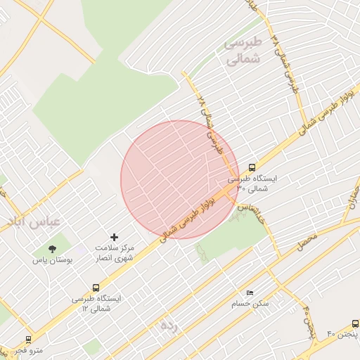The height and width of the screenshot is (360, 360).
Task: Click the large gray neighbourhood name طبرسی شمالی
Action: (242, 52)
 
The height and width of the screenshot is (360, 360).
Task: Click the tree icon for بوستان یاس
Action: (52, 248)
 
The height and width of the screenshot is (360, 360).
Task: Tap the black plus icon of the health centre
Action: (115, 238)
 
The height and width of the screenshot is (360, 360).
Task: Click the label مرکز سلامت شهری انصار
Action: (115, 254)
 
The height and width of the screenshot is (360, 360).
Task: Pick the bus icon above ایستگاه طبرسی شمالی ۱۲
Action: (96, 287)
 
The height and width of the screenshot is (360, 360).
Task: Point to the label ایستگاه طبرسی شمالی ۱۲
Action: (96, 303)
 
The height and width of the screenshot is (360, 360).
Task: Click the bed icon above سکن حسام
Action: (250, 292)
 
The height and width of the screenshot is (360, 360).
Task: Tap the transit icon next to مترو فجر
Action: (28, 339)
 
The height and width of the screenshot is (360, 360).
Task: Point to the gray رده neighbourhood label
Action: (167, 326)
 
